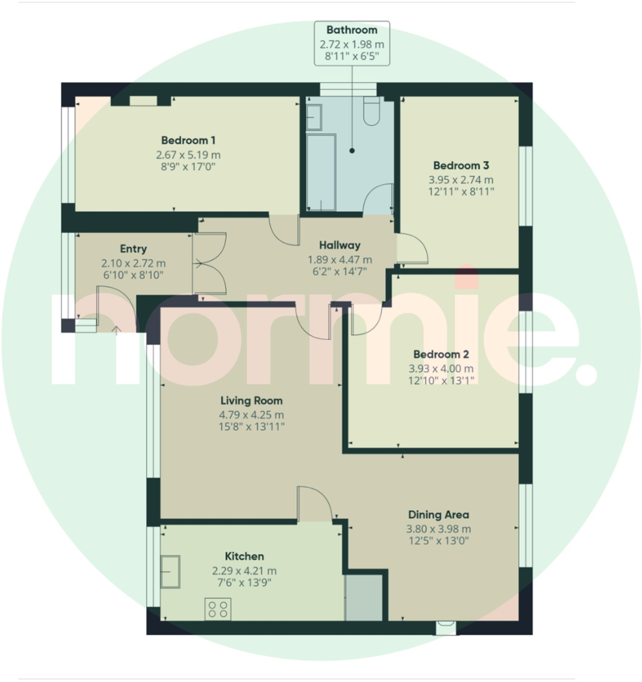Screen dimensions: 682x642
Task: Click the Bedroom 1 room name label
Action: pos(188,140)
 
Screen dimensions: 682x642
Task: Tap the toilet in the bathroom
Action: pos(371,112)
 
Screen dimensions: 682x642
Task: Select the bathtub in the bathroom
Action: pos(321,172)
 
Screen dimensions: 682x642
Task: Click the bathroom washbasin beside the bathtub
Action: pos(314,117)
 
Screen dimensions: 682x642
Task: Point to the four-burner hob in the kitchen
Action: pos(218,609)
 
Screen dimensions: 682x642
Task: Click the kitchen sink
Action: pos(170,571)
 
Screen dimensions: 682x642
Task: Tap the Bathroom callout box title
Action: pos(352,30)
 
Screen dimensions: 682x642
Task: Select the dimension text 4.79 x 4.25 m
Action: pos(251,415)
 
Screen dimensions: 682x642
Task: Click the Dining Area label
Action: pos(438,515)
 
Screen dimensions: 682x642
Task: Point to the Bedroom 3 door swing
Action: pos(412,249)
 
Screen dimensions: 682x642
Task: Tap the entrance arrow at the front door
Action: pos(116,330)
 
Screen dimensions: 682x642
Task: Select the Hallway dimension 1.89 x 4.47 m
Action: pos(339,260)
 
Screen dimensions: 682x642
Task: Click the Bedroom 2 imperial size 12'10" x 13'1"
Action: pos(441,381)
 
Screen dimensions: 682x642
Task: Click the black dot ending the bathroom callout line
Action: pos(352,151)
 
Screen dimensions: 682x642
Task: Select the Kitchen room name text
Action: pos(244,556)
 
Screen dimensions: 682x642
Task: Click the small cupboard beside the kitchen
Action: pos(364,598)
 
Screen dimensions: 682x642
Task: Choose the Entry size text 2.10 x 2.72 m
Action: pos(133,264)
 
